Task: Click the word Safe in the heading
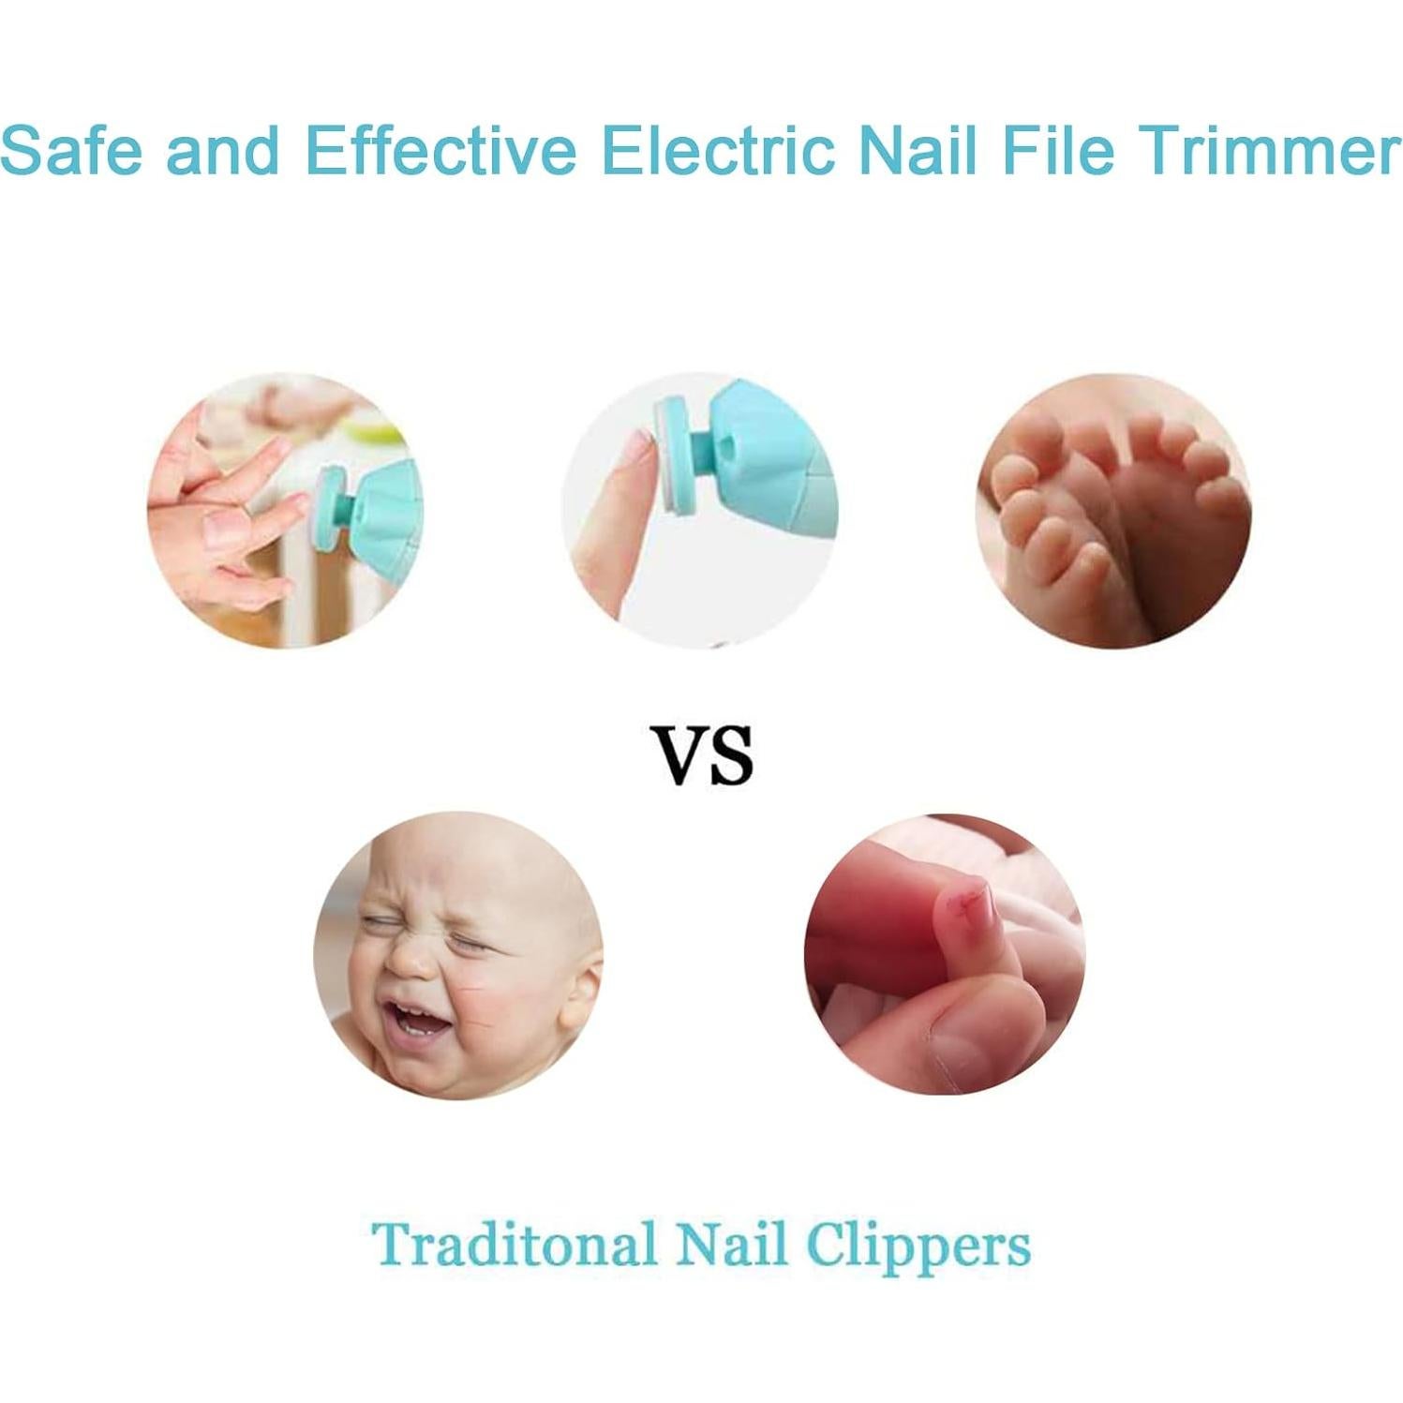[71, 150]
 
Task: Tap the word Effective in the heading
[440, 150]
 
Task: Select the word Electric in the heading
[717, 150]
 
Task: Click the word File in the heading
[1057, 150]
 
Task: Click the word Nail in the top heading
[918, 150]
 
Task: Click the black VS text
[703, 755]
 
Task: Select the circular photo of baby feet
[1112, 511]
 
